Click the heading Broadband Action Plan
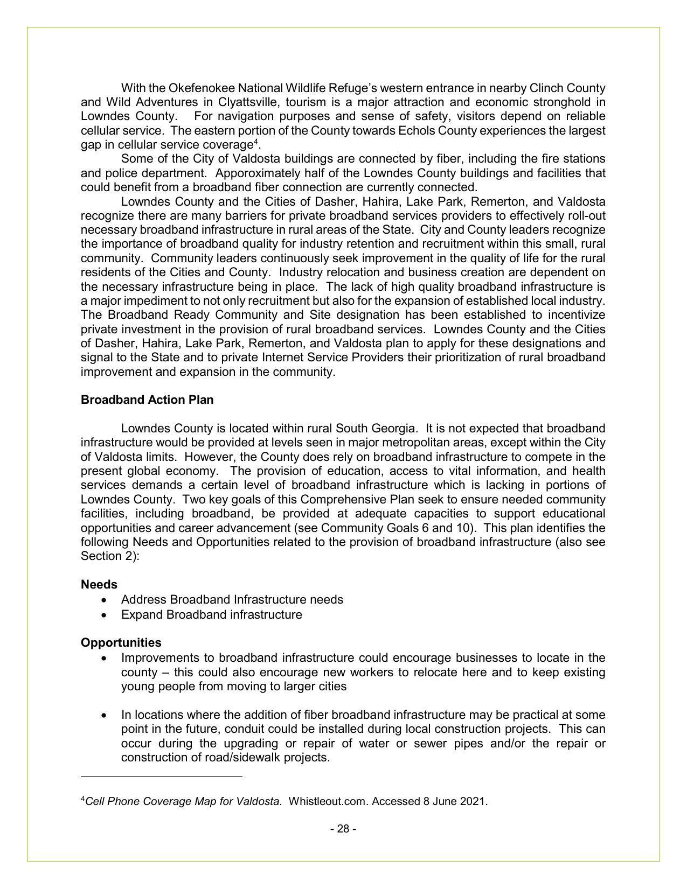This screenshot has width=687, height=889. point(147,400)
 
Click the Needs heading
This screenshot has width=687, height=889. point(99,584)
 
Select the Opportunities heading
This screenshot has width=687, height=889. point(121,642)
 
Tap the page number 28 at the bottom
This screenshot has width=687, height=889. point(343,829)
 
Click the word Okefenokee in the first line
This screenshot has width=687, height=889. point(201,88)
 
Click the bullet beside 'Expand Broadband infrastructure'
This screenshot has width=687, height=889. point(103,615)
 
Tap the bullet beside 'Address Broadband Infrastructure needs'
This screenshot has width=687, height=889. point(103,600)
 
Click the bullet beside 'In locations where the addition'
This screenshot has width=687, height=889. point(103,715)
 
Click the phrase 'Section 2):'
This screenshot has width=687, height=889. point(110,556)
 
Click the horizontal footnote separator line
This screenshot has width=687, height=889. point(161,777)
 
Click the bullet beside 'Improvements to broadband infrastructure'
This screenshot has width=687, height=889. point(103,658)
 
